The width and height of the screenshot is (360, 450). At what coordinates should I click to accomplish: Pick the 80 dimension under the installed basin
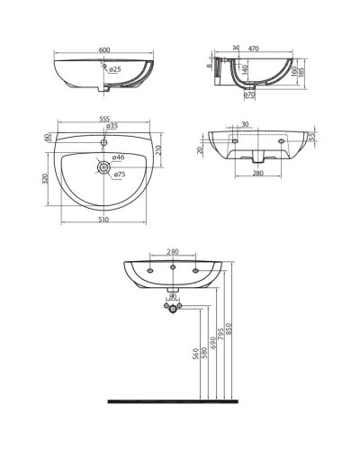pyautogui.click(x=173, y=295)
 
